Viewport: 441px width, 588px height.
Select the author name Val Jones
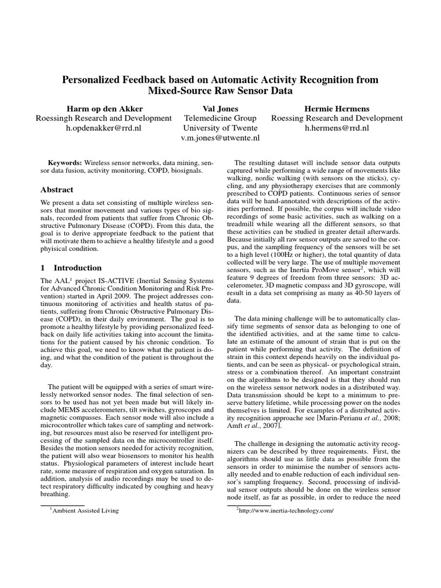pyautogui.click(x=220, y=108)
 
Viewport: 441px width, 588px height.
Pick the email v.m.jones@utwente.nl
pyautogui.click(x=220, y=138)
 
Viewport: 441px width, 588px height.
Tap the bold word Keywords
pyautogui.click(x=64, y=163)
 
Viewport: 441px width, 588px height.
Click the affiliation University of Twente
pyautogui.click(x=220, y=128)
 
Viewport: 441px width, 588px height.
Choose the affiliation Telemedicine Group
pyautogui.click(x=220, y=118)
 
